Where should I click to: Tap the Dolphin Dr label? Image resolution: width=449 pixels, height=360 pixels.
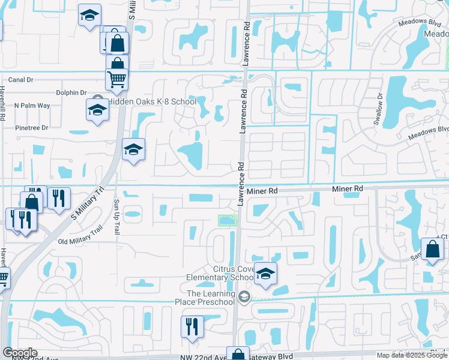click(71, 93)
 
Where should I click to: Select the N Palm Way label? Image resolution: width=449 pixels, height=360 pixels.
click(32, 106)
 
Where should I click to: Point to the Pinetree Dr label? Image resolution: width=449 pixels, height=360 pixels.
click(31, 127)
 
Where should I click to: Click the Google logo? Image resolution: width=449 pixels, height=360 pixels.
click(20, 353)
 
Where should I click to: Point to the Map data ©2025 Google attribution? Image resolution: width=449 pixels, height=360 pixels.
click(412, 355)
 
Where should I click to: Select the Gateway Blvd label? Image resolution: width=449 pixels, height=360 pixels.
click(274, 356)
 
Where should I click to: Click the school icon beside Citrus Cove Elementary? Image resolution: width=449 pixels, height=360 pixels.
click(265, 273)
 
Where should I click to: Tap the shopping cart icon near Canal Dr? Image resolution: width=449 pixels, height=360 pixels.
click(116, 79)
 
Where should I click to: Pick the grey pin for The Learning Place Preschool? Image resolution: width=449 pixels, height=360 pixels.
click(244, 296)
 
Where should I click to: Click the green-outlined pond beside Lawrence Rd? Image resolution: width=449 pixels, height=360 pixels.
click(228, 221)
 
